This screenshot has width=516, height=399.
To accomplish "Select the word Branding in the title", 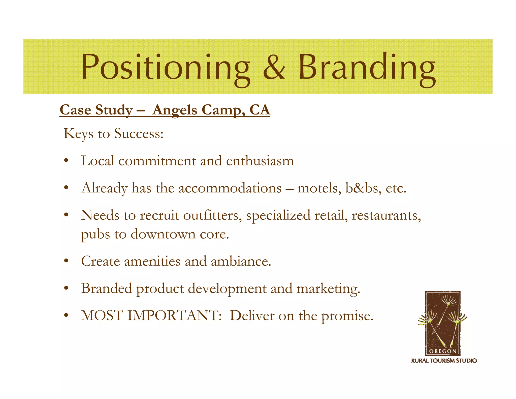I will tap(367, 67).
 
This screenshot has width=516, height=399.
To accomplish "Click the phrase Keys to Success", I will tap(113, 133).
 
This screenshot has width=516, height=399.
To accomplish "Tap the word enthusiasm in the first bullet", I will tap(260, 161).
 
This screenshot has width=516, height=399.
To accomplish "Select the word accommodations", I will tap(230, 188).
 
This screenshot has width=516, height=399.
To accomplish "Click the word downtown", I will tap(163, 234).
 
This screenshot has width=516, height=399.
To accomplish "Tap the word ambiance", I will tap(241, 261).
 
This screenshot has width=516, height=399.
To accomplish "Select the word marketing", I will tap(328, 289).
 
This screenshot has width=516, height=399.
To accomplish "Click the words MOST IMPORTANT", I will tap(151, 316).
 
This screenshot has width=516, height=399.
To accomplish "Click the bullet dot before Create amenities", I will tap(66, 261).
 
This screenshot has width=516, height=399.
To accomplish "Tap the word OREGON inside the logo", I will tap(443, 351).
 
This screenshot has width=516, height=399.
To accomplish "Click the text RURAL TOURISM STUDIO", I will tap(444, 361).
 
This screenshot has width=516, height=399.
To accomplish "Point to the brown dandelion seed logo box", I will tap(443, 320).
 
